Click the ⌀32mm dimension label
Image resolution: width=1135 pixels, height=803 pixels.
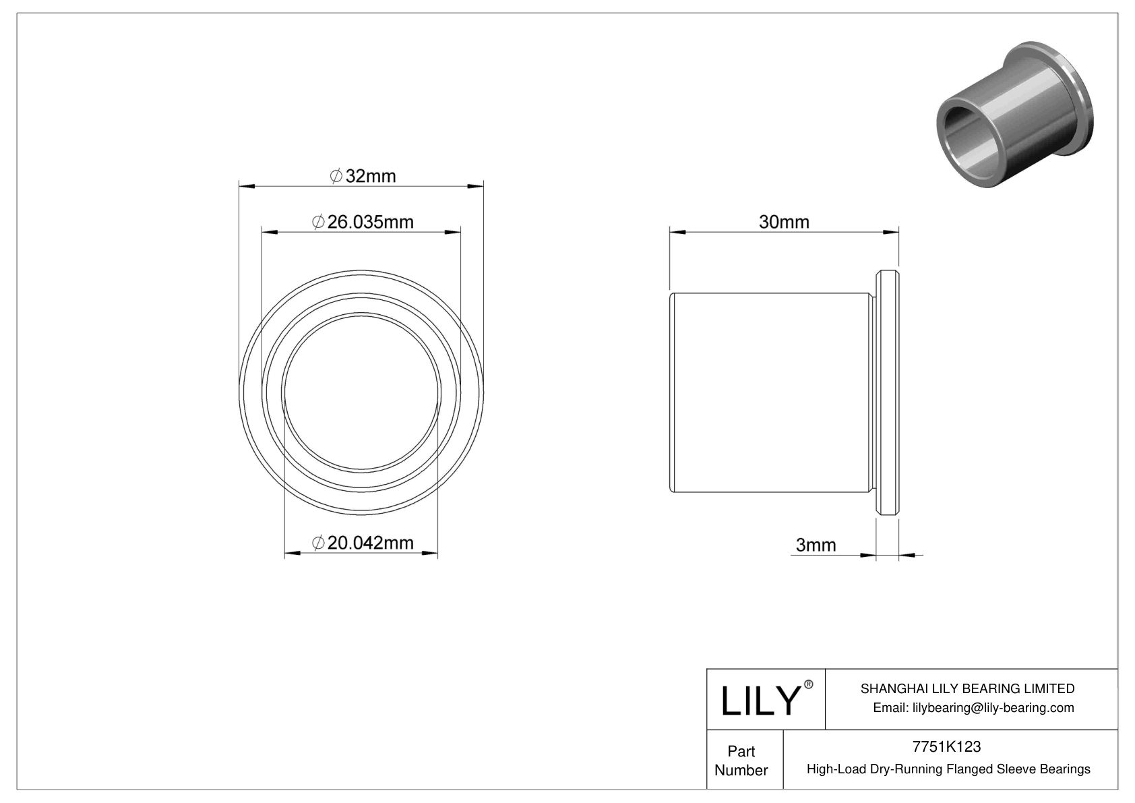[363, 177]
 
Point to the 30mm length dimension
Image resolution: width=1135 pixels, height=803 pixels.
[784, 222]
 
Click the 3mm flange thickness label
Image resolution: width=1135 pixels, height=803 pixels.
[816, 545]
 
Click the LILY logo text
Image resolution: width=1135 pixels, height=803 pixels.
[760, 701]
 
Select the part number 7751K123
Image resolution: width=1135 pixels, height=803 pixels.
[946, 746]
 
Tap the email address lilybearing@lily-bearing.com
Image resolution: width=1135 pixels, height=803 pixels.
[973, 707]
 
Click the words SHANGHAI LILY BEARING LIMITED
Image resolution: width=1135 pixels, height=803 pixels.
[967, 688]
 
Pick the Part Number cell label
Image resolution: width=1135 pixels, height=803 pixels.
[741, 761]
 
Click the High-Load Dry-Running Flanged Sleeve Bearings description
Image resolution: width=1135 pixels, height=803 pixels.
[948, 769]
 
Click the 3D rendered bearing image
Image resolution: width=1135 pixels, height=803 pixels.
[1014, 115]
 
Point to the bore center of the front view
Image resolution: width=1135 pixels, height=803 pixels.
[361, 392]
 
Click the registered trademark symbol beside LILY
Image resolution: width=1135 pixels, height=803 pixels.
[809, 684]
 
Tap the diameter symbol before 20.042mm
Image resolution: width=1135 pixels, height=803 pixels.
[319, 543]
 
